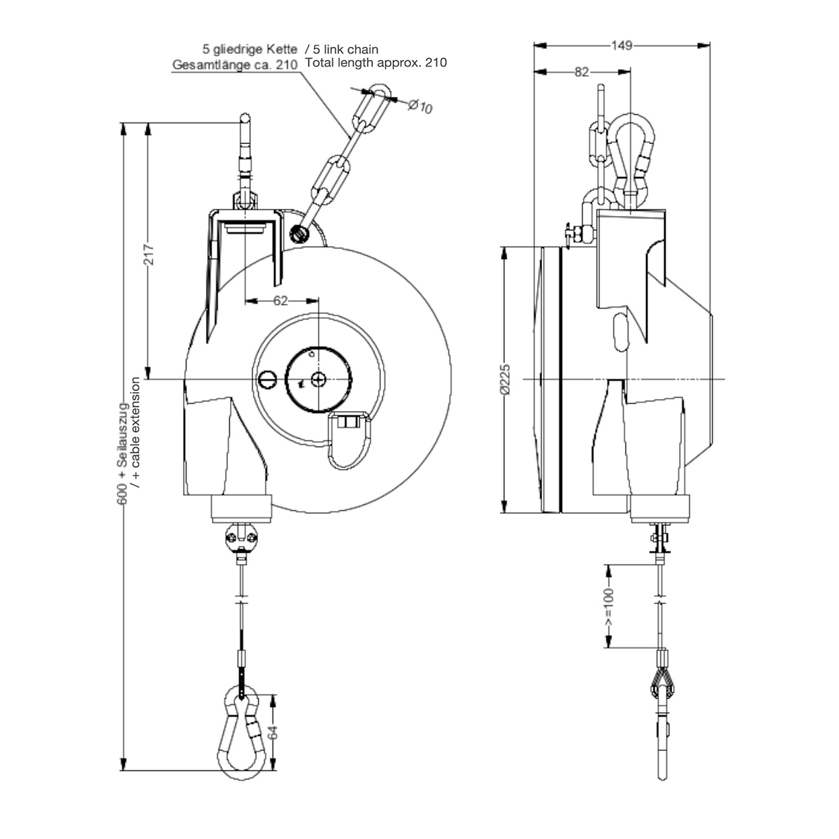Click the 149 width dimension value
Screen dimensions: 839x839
[x=622, y=46]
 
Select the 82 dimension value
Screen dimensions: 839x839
[x=582, y=71]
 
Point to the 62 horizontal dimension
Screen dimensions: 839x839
[x=280, y=301]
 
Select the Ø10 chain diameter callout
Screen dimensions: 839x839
[x=419, y=106]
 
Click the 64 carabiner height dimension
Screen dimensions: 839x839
[x=273, y=732]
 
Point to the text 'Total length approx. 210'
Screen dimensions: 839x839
[x=375, y=63]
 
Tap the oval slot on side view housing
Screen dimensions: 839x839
[x=619, y=331]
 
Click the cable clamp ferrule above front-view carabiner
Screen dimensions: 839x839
[x=243, y=659]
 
